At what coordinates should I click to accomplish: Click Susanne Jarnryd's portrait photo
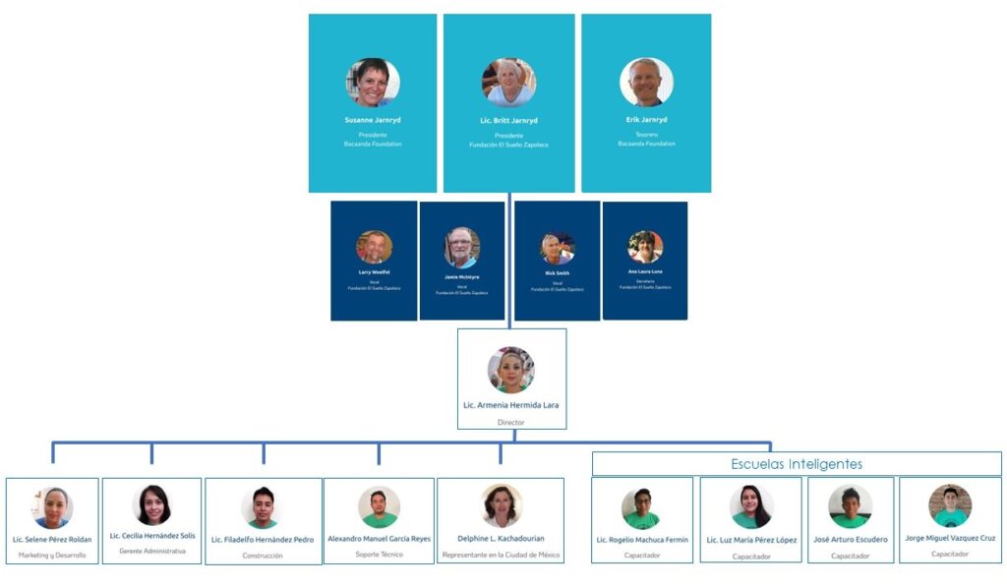[373, 83]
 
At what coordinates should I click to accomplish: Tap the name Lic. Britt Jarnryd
[508, 120]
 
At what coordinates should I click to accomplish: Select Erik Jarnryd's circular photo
[646, 83]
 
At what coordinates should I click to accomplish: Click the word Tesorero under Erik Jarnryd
[646, 135]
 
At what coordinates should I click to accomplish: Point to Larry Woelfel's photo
[374, 247]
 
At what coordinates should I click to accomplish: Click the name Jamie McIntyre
[461, 277]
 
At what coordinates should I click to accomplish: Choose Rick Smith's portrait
[557, 248]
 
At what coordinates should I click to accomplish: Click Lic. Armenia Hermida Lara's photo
[511, 370]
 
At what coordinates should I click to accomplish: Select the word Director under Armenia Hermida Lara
[511, 422]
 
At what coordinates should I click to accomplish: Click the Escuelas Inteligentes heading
[797, 463]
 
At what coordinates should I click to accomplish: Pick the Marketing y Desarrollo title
[52, 556]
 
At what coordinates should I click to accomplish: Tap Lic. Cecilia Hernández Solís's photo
[152, 504]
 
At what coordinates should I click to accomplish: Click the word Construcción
[263, 556]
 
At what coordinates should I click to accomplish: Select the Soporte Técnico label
[379, 555]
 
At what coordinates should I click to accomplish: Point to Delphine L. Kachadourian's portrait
[502, 504]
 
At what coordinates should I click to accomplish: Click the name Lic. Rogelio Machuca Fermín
[642, 540]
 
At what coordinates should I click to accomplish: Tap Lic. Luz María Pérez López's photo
[751, 506]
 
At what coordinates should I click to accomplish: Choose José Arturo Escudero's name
[851, 540]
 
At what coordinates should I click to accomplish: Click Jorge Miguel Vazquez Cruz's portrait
[950, 505]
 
